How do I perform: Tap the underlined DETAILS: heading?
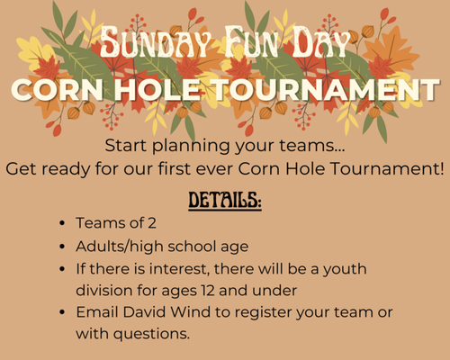(225, 199)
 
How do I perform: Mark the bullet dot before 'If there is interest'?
(60, 269)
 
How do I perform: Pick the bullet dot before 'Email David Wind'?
(60, 312)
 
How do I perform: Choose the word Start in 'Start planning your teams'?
(125, 146)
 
